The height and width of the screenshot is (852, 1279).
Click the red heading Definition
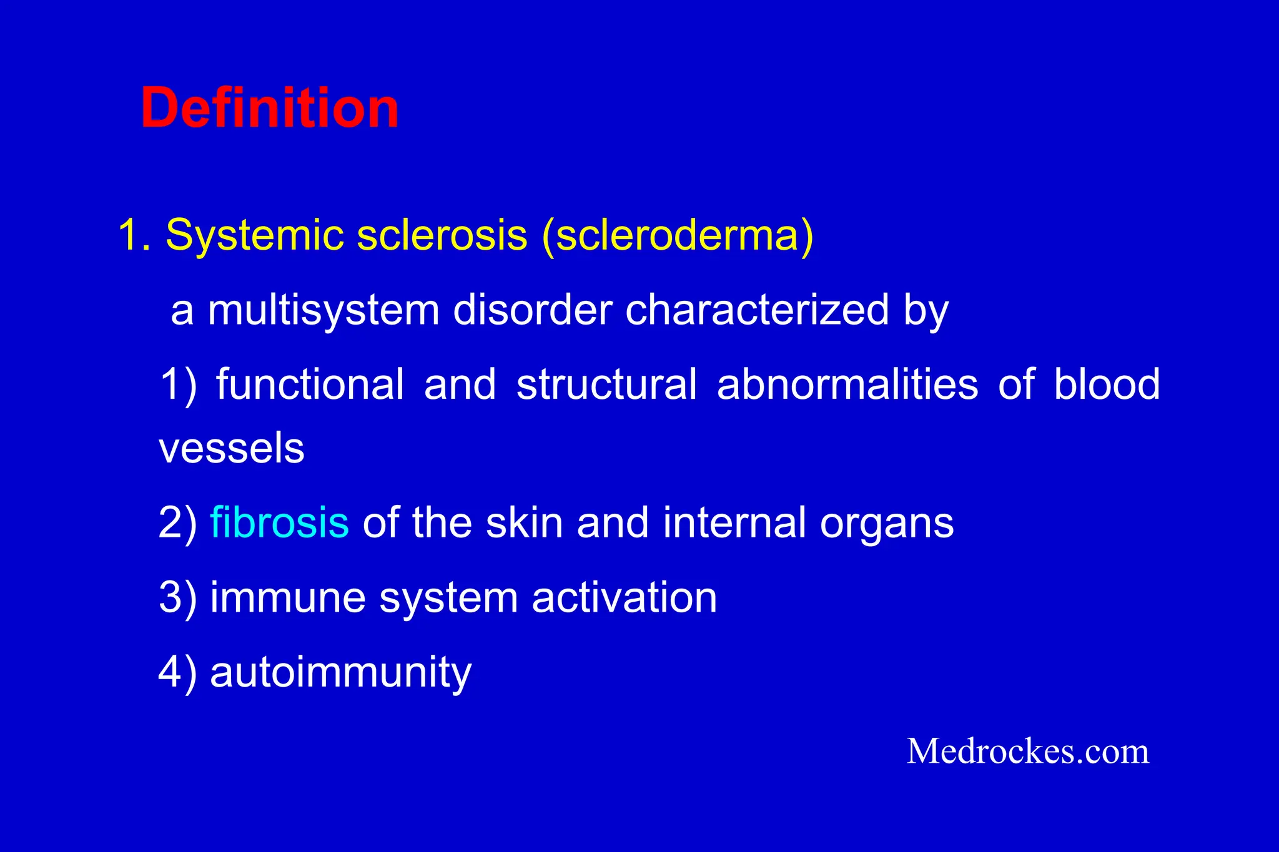269,108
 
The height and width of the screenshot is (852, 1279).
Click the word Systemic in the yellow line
253,235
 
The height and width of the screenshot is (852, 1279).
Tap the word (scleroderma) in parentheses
678,235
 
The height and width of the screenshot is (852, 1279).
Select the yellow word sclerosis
442,235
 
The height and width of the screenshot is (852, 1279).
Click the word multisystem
323,310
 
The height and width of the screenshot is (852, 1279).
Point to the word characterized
757,310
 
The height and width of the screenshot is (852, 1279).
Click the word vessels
231,449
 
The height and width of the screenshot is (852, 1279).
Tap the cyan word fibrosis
279,522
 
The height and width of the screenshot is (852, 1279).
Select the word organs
887,524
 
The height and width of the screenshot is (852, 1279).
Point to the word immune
287,597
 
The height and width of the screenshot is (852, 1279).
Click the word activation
624,597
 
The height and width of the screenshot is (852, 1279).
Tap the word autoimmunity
340,673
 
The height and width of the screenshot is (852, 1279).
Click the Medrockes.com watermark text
1027,751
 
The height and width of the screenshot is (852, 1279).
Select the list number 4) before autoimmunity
177,673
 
